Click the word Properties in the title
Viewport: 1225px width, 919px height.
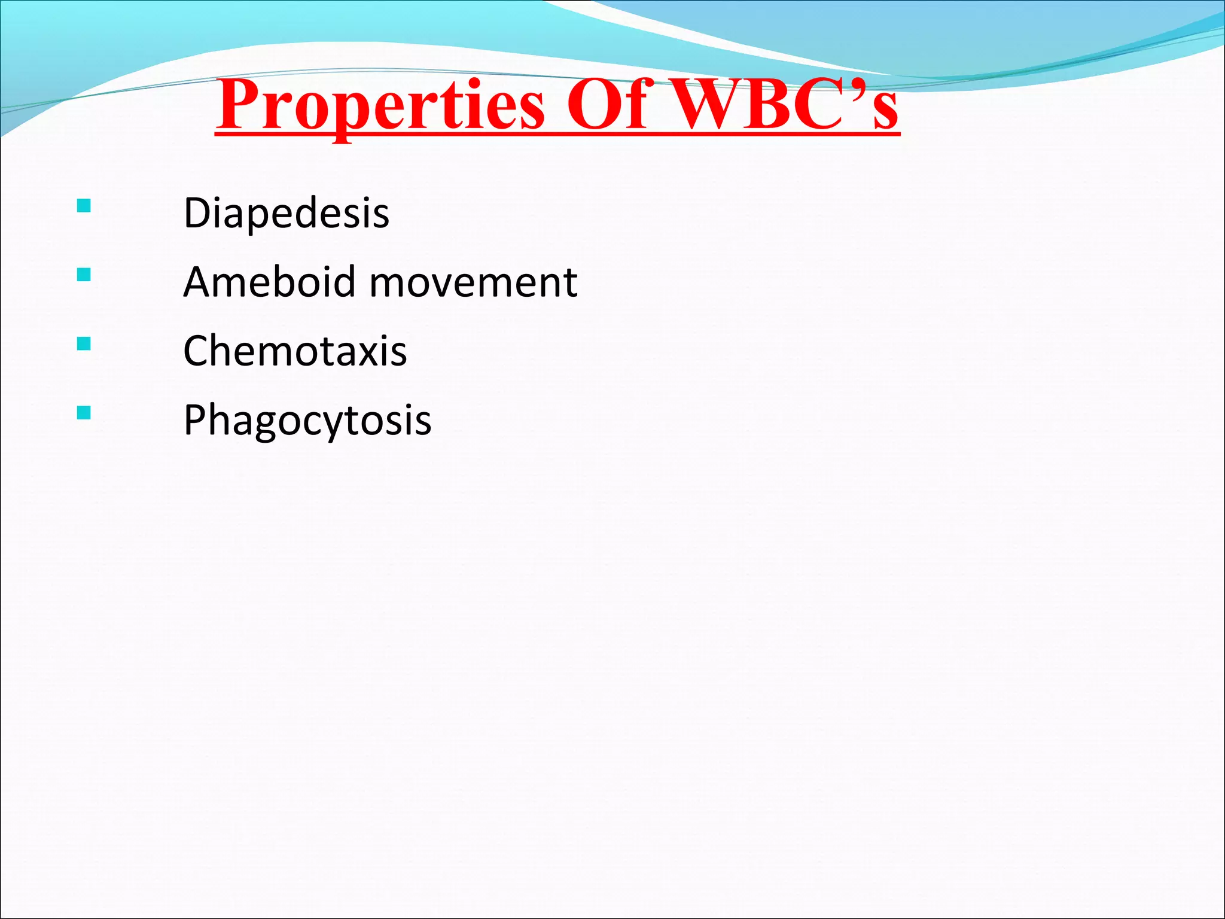(x=380, y=106)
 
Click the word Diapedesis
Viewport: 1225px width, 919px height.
(x=286, y=213)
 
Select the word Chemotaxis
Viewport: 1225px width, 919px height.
(x=295, y=351)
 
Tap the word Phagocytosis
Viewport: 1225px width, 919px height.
(x=307, y=421)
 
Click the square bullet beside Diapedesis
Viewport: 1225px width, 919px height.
(x=84, y=206)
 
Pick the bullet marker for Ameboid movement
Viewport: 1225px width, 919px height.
(x=84, y=275)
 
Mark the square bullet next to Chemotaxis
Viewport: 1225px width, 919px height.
(x=84, y=343)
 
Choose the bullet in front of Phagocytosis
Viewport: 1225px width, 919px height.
(x=84, y=413)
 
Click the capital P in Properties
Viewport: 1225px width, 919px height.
(x=239, y=105)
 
